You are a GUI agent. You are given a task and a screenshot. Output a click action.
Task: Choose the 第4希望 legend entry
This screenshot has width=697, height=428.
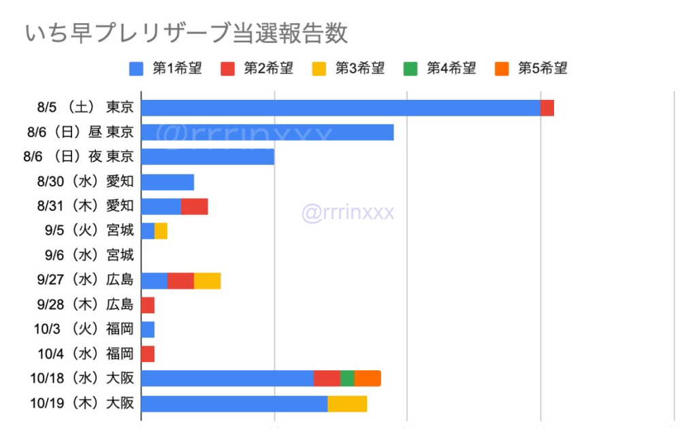coord(440,68)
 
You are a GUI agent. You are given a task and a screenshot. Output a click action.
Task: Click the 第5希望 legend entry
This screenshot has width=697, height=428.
coord(532,68)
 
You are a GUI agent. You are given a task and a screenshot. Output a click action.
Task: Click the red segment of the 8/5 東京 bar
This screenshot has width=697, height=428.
coord(547,108)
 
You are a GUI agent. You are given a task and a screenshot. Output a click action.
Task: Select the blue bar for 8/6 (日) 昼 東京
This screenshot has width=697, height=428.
coord(267,132)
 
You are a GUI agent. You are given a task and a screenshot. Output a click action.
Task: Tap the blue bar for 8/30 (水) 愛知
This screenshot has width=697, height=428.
coord(167,182)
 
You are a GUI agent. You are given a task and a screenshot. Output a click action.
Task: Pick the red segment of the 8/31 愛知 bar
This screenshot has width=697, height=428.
coord(194,206)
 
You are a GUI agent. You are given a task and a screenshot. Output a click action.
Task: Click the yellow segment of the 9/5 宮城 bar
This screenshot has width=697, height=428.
coord(161,231)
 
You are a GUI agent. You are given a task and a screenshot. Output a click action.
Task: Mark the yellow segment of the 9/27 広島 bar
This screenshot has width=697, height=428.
coord(207,280)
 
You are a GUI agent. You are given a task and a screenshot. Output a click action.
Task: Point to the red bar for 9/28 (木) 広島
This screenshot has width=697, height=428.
coord(148,305)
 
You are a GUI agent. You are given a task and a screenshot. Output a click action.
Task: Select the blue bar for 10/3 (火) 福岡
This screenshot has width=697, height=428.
coord(148,329)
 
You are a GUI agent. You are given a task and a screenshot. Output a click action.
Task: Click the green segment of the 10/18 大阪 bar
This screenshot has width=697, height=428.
coord(347,378)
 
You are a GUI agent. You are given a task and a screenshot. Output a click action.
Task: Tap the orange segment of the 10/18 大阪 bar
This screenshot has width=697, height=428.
coord(368,378)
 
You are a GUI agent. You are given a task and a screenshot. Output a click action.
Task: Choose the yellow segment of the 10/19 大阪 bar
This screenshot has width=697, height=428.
coord(347,404)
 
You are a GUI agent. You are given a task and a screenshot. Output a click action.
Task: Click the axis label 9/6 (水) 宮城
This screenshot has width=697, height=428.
coord(89,255)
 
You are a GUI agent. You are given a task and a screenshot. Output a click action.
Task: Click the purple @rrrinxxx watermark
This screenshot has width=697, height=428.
coord(348,213)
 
